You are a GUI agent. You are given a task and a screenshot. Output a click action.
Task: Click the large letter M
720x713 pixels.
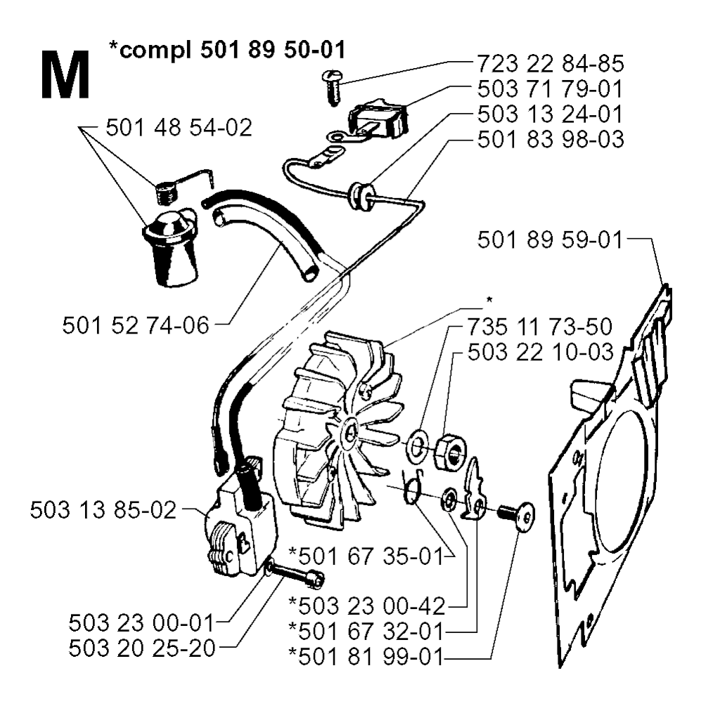click(x=65, y=74)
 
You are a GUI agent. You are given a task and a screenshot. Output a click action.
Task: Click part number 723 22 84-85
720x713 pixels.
click(x=550, y=64)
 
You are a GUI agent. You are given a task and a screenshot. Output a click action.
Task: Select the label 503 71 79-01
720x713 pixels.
click(x=550, y=89)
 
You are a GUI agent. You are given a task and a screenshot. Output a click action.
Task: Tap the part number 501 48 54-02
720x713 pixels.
click(x=179, y=128)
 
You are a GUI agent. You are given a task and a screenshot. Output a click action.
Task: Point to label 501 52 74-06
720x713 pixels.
click(x=136, y=325)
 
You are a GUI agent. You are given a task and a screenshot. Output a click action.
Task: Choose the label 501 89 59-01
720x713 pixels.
click(x=550, y=240)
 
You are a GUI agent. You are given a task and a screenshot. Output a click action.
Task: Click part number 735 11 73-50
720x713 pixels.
click(x=540, y=327)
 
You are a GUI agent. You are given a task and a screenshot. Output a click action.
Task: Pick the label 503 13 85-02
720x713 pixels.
click(x=103, y=510)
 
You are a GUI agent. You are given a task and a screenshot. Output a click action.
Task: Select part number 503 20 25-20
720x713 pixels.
click(x=142, y=648)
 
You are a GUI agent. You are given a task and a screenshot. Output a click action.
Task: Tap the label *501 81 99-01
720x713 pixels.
click(x=366, y=656)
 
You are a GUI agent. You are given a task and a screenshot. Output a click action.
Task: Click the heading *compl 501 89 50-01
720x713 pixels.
click(x=227, y=50)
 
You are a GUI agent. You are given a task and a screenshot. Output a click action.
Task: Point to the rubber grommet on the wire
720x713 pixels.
click(x=359, y=195)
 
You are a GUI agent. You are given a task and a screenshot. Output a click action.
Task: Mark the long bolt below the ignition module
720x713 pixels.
click(x=295, y=573)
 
